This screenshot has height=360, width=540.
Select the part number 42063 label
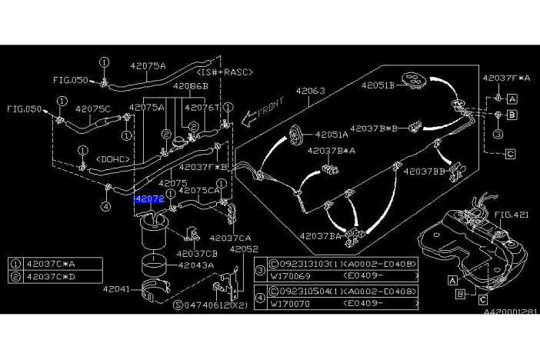pos(311,92)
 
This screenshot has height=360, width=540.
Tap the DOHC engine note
pos(110,158)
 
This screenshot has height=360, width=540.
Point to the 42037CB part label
pos(196,253)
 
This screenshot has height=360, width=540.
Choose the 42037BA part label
pos(319,236)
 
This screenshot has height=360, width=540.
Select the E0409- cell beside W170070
pos(366,303)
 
